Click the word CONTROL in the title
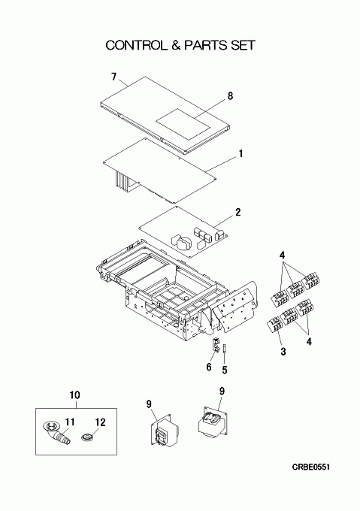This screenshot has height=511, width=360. tap(135, 45)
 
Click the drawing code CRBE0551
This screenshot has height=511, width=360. tap(311, 467)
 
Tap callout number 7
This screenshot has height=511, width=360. tap(113, 77)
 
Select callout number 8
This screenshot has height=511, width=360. tap(230, 96)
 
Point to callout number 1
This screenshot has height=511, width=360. tap(241, 153)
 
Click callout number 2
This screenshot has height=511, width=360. tap(238, 213)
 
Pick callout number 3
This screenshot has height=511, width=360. tap(283, 352)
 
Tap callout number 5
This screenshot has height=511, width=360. tap(225, 370)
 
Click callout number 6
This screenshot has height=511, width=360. tap(209, 367)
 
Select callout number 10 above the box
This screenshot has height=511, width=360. tap(74, 395)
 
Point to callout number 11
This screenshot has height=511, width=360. tap(70, 422)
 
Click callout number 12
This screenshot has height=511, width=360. tap(101, 422)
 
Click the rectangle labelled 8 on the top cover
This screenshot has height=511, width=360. tap(183, 125)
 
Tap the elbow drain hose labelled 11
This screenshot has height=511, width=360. tap(57, 432)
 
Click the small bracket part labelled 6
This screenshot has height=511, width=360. tap(216, 345)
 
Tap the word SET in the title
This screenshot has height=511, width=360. tap(243, 45)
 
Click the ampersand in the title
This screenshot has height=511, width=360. tap(175, 45)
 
